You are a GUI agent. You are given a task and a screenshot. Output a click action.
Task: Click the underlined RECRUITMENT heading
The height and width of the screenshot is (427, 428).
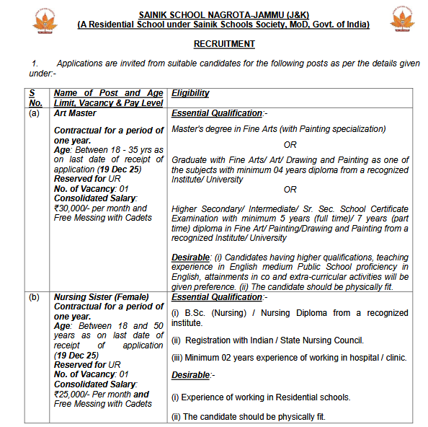(x=224, y=44)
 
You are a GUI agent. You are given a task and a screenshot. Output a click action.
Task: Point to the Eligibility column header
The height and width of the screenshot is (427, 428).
(x=190, y=93)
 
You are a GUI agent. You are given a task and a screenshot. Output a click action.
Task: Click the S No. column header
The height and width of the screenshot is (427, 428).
(x=36, y=98)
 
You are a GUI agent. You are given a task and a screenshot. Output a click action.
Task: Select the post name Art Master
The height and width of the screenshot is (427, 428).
(x=74, y=113)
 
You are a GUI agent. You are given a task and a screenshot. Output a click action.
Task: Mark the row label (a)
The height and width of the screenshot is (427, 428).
(x=34, y=113)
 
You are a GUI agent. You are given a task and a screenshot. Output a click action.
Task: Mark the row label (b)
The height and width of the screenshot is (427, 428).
(x=34, y=296)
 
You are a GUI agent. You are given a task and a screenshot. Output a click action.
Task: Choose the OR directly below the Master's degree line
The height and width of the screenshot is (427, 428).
(x=290, y=144)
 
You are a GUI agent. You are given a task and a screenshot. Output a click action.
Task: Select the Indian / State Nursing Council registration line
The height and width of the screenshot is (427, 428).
(x=267, y=340)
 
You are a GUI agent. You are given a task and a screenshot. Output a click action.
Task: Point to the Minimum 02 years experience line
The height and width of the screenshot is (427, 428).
(x=288, y=358)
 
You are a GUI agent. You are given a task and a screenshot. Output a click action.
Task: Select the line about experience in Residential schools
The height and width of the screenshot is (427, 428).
(x=261, y=397)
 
